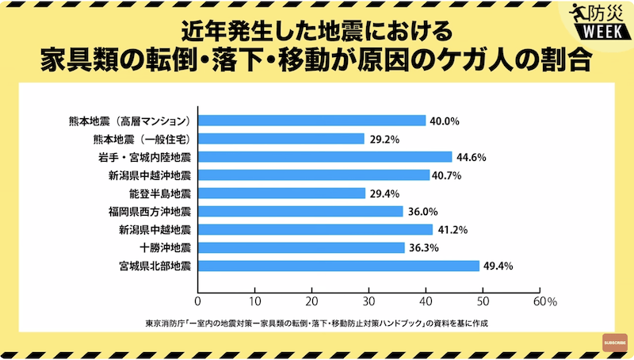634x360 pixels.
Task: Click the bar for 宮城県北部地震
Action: click(x=338, y=266)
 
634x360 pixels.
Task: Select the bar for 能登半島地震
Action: click(x=281, y=193)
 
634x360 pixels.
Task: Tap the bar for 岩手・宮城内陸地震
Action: click(x=324, y=157)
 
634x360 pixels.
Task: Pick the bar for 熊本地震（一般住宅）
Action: click(x=281, y=139)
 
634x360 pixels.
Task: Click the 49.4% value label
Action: click(x=499, y=266)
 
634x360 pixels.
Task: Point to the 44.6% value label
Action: click(x=471, y=157)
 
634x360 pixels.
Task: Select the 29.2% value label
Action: click(x=383, y=139)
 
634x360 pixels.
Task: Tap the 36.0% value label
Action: click(x=422, y=212)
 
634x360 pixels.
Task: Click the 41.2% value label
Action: click(x=452, y=230)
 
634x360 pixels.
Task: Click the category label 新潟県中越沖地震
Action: click(x=150, y=175)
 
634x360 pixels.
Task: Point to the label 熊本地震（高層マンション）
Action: click(x=129, y=121)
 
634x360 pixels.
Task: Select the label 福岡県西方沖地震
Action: click(x=150, y=212)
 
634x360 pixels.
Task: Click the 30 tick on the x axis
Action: click(x=369, y=302)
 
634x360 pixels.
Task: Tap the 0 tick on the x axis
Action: click(x=197, y=302)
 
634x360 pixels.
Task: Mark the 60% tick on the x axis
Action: click(x=545, y=302)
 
